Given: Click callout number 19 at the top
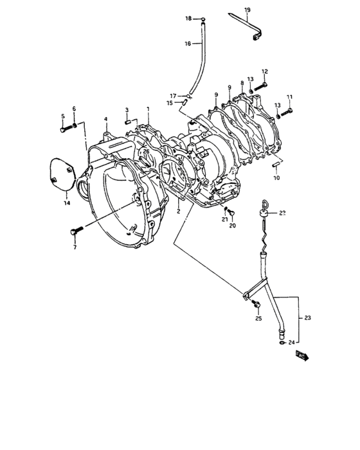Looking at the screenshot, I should pyautogui.click(x=248, y=10).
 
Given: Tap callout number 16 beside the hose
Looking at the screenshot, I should pyautogui.click(x=188, y=44).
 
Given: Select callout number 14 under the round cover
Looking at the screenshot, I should pyautogui.click(x=66, y=203).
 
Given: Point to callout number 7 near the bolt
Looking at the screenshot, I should pyautogui.click(x=74, y=248).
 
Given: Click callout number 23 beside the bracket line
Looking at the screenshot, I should pyautogui.click(x=307, y=317).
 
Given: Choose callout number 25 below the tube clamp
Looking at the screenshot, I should pyautogui.click(x=258, y=319).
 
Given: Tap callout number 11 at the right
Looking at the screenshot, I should pyautogui.click(x=289, y=96).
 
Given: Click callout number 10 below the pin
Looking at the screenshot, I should pyautogui.click(x=276, y=177).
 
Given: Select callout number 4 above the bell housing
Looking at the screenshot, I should pyautogui.click(x=105, y=118).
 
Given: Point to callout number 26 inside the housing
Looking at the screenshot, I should pyautogui.click(x=146, y=152).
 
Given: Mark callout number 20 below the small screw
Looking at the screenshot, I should pyautogui.click(x=233, y=226).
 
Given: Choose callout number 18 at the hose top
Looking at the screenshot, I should pyautogui.click(x=189, y=19).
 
